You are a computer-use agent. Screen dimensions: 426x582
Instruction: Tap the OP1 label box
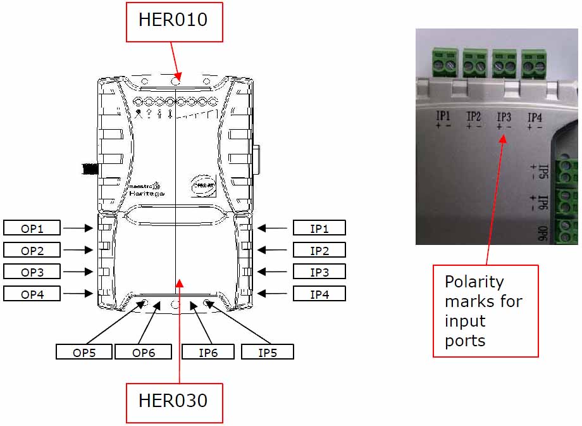(32, 228)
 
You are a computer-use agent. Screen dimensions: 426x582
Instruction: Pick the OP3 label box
(32, 272)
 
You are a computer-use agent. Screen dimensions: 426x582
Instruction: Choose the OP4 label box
(32, 293)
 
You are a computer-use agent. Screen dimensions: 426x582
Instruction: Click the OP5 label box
(84, 352)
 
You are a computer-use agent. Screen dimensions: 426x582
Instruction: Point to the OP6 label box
(143, 352)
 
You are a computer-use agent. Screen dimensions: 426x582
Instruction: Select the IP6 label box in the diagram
(208, 352)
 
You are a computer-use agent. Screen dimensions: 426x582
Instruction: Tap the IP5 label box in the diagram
(267, 352)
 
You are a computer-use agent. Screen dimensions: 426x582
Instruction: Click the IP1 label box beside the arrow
(319, 228)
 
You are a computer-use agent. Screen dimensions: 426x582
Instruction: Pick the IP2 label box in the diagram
(319, 250)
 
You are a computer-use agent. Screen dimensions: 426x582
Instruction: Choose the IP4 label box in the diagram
(319, 293)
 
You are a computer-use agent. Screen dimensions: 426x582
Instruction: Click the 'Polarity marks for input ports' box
(485, 311)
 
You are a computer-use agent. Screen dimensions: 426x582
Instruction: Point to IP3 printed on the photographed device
(504, 117)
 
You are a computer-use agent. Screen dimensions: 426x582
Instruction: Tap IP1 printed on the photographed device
(443, 116)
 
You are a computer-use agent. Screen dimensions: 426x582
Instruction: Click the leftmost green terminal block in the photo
(444, 62)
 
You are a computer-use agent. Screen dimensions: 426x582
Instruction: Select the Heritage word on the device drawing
(147, 193)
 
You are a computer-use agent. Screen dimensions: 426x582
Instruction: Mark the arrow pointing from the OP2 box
(77, 250)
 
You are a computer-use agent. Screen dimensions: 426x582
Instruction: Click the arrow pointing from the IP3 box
(273, 272)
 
